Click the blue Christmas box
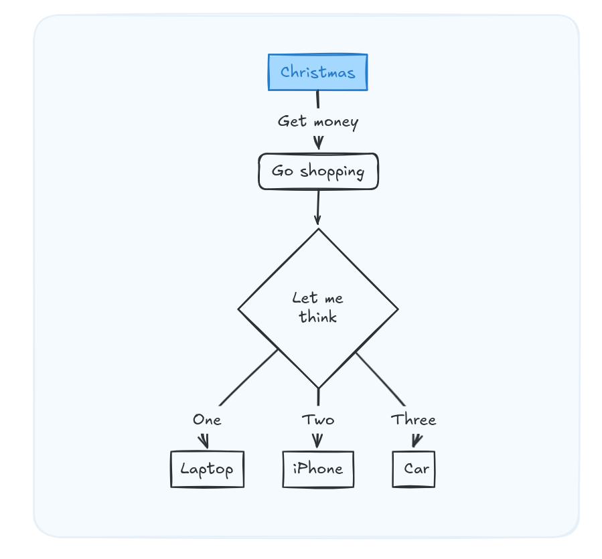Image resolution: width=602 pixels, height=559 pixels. click(317, 72)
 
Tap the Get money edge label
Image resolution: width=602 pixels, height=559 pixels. click(318, 122)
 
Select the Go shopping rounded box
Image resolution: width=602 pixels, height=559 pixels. click(318, 171)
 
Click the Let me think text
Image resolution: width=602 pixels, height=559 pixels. click(318, 307)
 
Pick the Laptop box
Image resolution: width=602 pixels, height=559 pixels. click(207, 469)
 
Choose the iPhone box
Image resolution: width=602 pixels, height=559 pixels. click(318, 469)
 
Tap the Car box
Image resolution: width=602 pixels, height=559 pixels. click(414, 469)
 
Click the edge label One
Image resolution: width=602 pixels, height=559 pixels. click(207, 420)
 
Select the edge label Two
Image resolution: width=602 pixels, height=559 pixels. click(318, 420)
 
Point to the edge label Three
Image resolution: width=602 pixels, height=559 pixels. click(414, 420)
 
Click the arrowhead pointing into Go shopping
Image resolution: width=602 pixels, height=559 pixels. click(319, 144)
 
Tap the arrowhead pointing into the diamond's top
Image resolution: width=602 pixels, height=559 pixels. click(317, 220)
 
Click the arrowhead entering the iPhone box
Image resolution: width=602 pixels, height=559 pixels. click(317, 442)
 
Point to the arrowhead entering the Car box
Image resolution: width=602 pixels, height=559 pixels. click(415, 442)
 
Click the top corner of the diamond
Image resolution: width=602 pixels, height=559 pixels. click(318, 230)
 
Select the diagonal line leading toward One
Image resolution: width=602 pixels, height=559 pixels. click(248, 378)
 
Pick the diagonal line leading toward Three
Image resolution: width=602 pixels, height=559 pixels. click(380, 379)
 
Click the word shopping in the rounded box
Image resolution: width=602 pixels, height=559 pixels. click(332, 172)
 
